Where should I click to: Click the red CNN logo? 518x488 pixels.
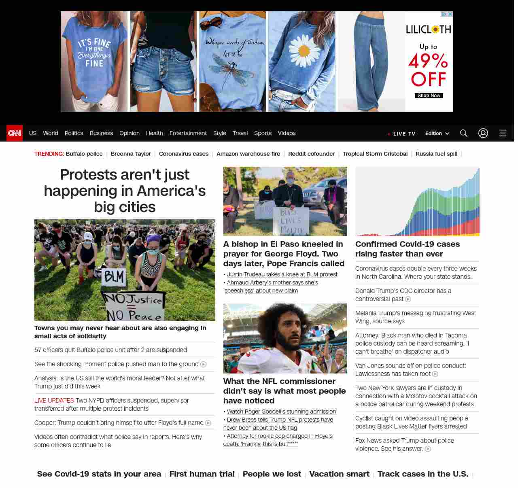point(15,133)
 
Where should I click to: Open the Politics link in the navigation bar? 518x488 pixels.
point(74,133)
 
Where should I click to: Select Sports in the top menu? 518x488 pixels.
point(263,133)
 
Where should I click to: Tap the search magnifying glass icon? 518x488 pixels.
point(463,133)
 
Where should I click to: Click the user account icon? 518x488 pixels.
point(483,133)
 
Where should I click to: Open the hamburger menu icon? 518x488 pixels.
point(502,133)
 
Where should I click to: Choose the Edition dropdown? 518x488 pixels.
point(437,134)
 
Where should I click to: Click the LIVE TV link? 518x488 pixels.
point(403,134)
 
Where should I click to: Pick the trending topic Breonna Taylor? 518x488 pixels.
point(131,154)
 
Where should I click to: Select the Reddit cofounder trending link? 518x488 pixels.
point(311,154)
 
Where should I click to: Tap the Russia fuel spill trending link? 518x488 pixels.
point(436,154)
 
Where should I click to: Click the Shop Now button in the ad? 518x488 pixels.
point(429,96)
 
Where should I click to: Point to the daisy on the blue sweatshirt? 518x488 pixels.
point(304,51)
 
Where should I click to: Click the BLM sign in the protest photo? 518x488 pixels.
point(114,277)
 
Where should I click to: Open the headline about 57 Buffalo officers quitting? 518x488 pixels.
point(110,350)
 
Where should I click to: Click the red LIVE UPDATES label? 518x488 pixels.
point(54,401)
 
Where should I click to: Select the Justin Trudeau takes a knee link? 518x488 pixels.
point(282,274)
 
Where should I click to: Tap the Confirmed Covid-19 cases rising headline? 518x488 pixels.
point(407,249)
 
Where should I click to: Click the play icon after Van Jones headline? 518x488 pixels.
point(435,374)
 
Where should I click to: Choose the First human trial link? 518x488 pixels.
point(202,474)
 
